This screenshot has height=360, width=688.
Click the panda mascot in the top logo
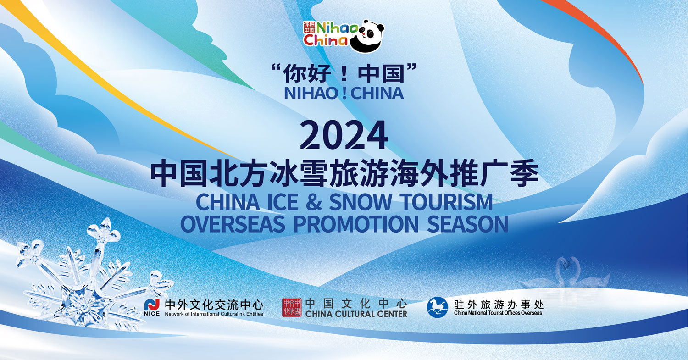(367, 36)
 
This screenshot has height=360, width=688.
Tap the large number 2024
(344, 135)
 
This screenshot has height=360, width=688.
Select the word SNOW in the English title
(361, 202)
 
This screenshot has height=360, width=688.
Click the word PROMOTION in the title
(356, 224)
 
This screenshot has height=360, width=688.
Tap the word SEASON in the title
(467, 224)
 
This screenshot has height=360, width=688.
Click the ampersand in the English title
(314, 202)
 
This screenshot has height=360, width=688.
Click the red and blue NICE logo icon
(152, 305)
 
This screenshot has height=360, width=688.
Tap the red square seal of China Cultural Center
(291, 307)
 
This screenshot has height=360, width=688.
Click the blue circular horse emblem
(438, 307)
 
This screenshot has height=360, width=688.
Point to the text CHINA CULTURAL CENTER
(356, 314)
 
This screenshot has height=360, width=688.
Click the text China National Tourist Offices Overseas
(498, 313)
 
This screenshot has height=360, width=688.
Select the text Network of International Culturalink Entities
(214, 314)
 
